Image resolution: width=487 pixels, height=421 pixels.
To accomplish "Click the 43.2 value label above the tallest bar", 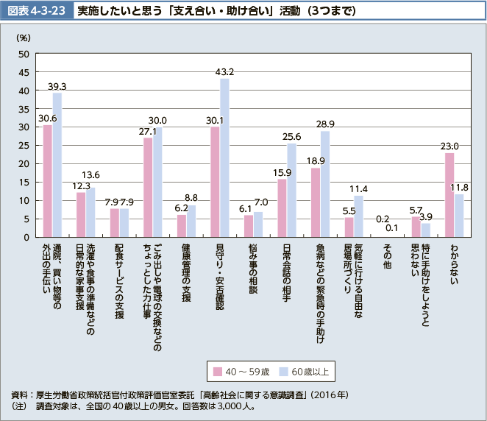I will tap(224, 71).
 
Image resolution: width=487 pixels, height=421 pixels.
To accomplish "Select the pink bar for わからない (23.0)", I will tap(449, 195).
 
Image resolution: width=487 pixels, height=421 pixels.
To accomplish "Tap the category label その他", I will tap(386, 255).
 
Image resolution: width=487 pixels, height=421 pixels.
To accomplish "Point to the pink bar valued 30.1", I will tap(215, 182).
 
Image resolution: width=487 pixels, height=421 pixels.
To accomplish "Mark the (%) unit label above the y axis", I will tap(24, 36).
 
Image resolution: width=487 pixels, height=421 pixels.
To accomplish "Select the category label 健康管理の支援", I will tap(186, 272).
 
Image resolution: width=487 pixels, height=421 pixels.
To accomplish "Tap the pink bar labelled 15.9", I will tap(282, 208).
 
